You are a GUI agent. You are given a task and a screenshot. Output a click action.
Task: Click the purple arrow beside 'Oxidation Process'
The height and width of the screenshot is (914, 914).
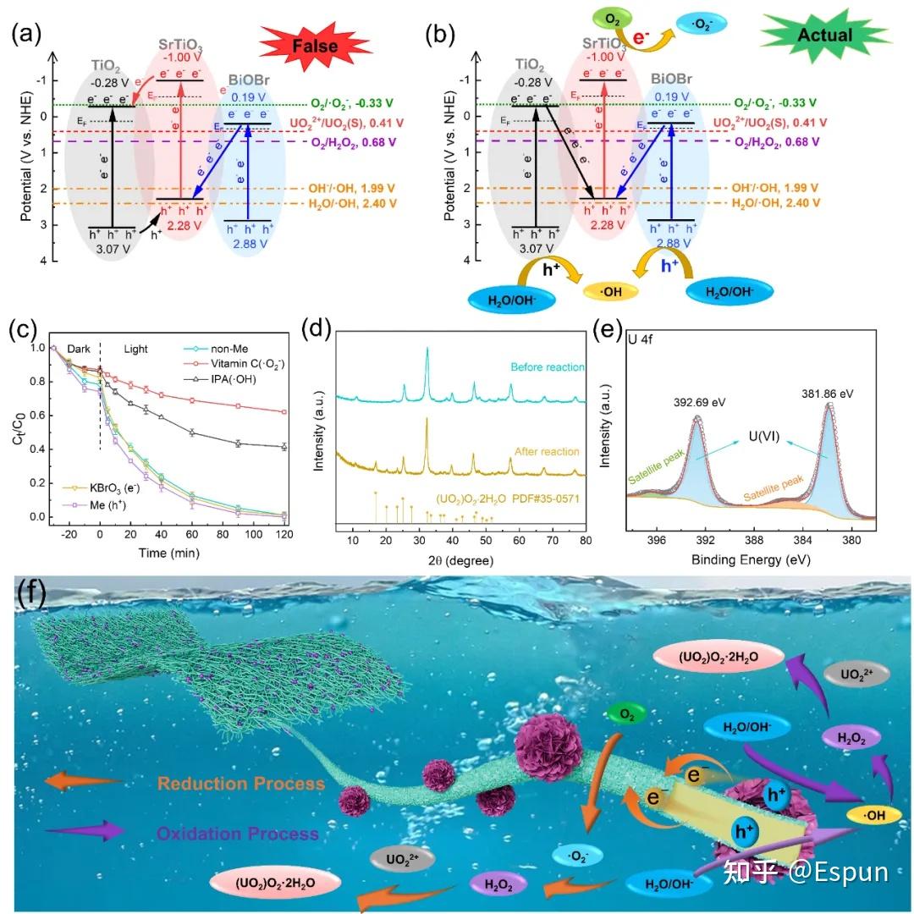pos(77,832)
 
